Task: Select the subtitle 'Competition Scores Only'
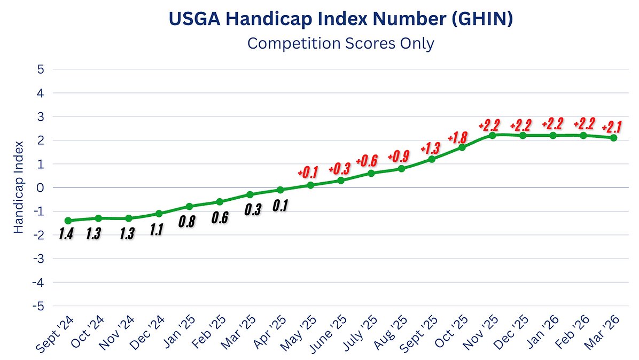pos(341,43)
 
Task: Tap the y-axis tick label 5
pos(41,69)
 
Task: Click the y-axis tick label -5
pos(39,306)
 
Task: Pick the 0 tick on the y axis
pos(41,187)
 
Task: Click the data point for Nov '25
pos(492,135)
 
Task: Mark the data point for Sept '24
pos(68,221)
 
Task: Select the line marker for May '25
pos(310,185)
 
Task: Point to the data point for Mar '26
pos(614,138)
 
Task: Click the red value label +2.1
pos(611,127)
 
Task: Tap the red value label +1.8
pos(458,138)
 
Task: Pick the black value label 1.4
pos(66,234)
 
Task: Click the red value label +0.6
pos(367,160)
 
